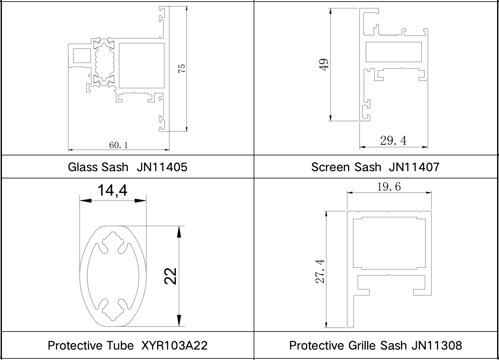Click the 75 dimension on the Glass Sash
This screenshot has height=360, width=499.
click(x=182, y=68)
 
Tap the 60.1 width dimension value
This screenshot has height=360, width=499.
click(x=119, y=145)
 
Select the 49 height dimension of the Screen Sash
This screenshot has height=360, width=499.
click(x=324, y=65)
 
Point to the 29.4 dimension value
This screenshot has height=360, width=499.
click(x=393, y=141)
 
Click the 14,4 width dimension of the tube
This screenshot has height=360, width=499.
click(x=112, y=190)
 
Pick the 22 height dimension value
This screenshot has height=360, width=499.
click(x=170, y=276)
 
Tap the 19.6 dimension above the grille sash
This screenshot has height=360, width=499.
click(x=389, y=187)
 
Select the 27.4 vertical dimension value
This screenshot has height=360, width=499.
click(x=320, y=271)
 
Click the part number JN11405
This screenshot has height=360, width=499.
click(x=162, y=167)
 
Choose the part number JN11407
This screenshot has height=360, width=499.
click(x=414, y=167)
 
